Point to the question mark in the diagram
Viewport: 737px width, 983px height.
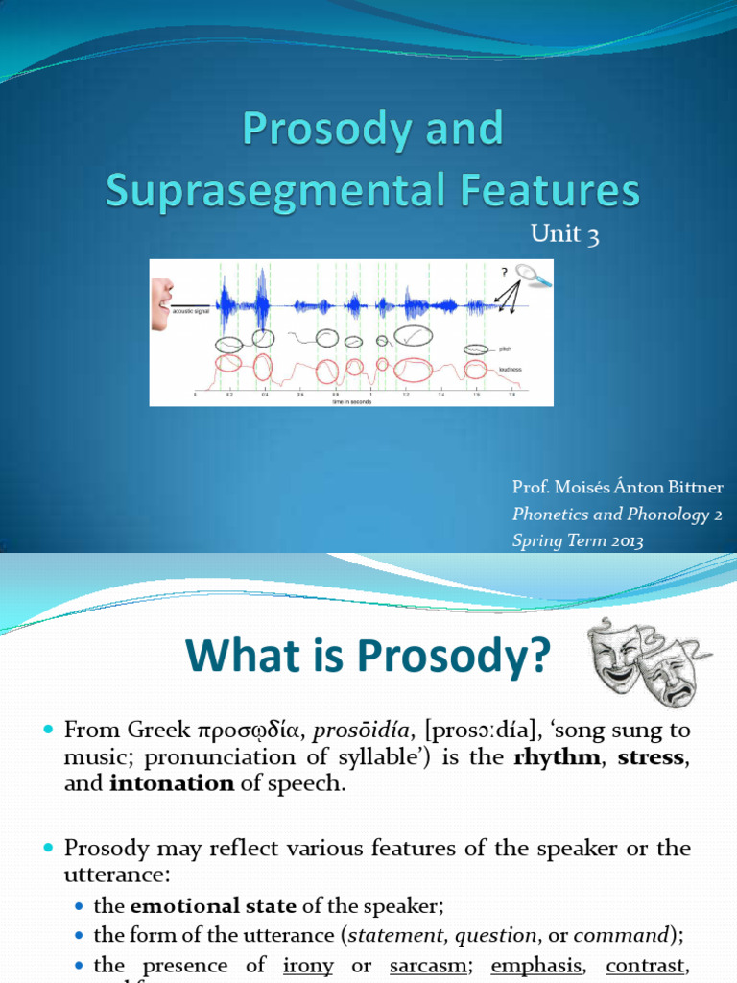pos(503,272)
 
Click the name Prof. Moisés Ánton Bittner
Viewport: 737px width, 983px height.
pos(617,489)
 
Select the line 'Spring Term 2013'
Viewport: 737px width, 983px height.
pos(578,540)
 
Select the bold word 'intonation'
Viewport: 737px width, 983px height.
pos(172,782)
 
